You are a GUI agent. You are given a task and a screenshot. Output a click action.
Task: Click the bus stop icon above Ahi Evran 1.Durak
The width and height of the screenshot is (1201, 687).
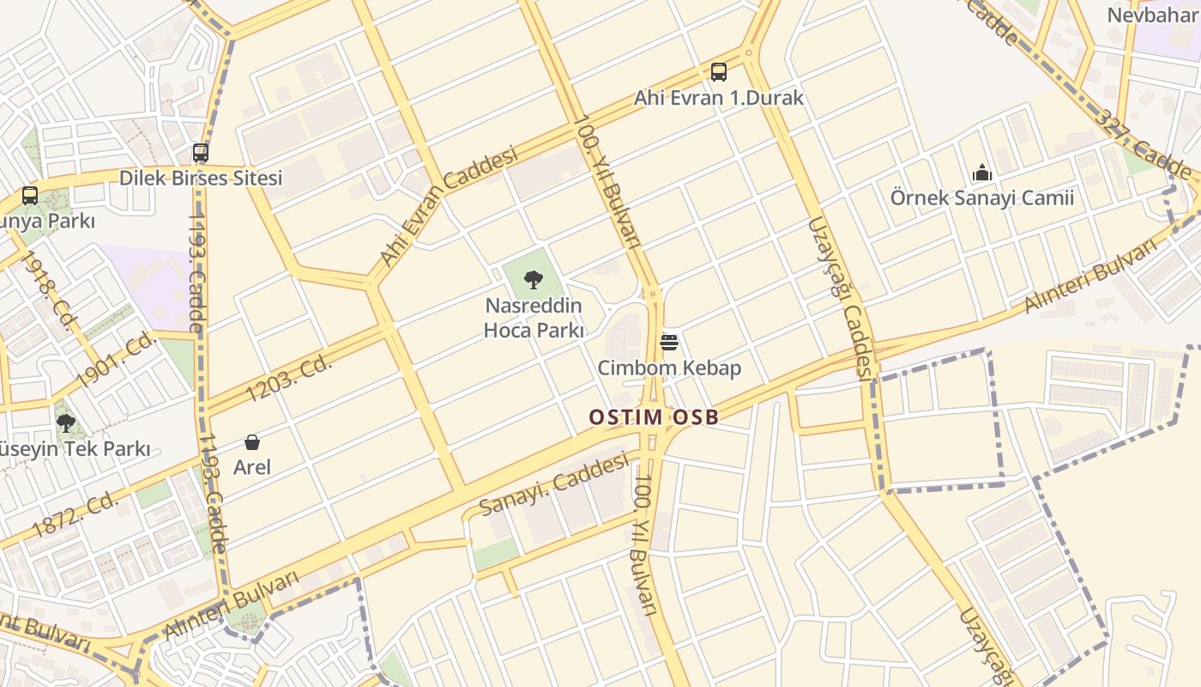tap(719, 72)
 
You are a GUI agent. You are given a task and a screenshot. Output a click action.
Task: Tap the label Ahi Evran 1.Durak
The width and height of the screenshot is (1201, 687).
tap(719, 98)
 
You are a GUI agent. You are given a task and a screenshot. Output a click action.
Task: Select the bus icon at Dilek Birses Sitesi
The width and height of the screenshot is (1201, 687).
tap(201, 153)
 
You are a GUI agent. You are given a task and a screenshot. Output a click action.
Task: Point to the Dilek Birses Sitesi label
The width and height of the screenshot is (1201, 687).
tap(201, 179)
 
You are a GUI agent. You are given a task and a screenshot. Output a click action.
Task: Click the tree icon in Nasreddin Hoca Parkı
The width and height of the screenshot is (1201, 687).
tap(534, 279)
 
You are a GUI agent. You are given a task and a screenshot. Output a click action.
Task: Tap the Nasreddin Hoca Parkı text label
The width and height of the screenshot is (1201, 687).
tap(534, 318)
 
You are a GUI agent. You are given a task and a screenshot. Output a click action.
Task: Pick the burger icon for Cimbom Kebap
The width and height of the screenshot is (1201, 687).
tap(669, 343)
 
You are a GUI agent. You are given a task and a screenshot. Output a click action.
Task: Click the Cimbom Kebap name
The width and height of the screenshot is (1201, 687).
tap(669, 368)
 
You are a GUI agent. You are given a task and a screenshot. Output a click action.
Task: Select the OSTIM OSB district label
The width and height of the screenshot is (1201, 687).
tap(654, 417)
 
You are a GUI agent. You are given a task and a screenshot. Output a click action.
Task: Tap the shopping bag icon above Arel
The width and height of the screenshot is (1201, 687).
tap(252, 442)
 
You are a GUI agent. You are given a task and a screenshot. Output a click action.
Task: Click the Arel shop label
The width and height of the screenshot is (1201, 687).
tap(252, 467)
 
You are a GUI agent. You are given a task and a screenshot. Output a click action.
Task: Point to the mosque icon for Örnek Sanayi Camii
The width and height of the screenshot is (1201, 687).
tap(982, 173)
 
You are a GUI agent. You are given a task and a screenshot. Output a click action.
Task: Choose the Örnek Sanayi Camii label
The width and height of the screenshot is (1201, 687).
tap(982, 198)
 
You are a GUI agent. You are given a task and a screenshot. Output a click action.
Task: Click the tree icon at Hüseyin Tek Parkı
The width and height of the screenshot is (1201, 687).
tap(65, 423)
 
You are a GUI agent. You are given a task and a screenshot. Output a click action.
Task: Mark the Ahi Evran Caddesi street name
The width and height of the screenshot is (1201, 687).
tap(449, 206)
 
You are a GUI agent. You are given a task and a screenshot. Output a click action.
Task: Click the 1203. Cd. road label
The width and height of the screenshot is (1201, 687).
tap(288, 379)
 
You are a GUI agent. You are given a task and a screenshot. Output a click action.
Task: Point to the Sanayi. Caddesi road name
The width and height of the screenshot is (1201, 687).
tap(554, 485)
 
